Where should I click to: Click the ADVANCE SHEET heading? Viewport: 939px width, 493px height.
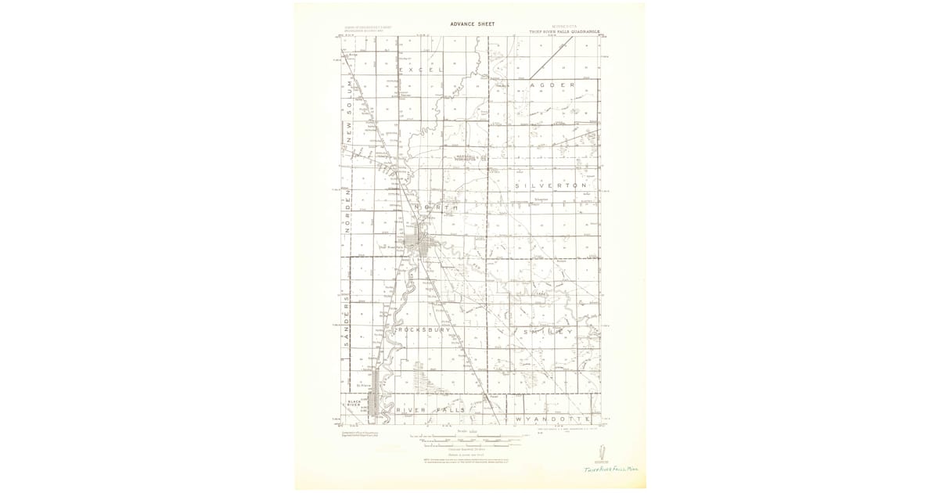pos(472,24)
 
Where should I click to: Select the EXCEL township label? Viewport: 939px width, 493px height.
pos(420,70)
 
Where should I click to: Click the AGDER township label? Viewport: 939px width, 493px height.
pos(552,84)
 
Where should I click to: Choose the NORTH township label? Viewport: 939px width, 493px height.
pos(437,207)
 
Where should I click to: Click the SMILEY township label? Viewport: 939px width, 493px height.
pos(544,333)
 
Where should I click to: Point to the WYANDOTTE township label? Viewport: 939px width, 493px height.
pos(552,420)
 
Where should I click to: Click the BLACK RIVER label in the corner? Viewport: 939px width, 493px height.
pos(354,403)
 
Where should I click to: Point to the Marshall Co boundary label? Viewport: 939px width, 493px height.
pos(472,157)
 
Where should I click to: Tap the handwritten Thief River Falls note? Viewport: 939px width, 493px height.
pos(612,468)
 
